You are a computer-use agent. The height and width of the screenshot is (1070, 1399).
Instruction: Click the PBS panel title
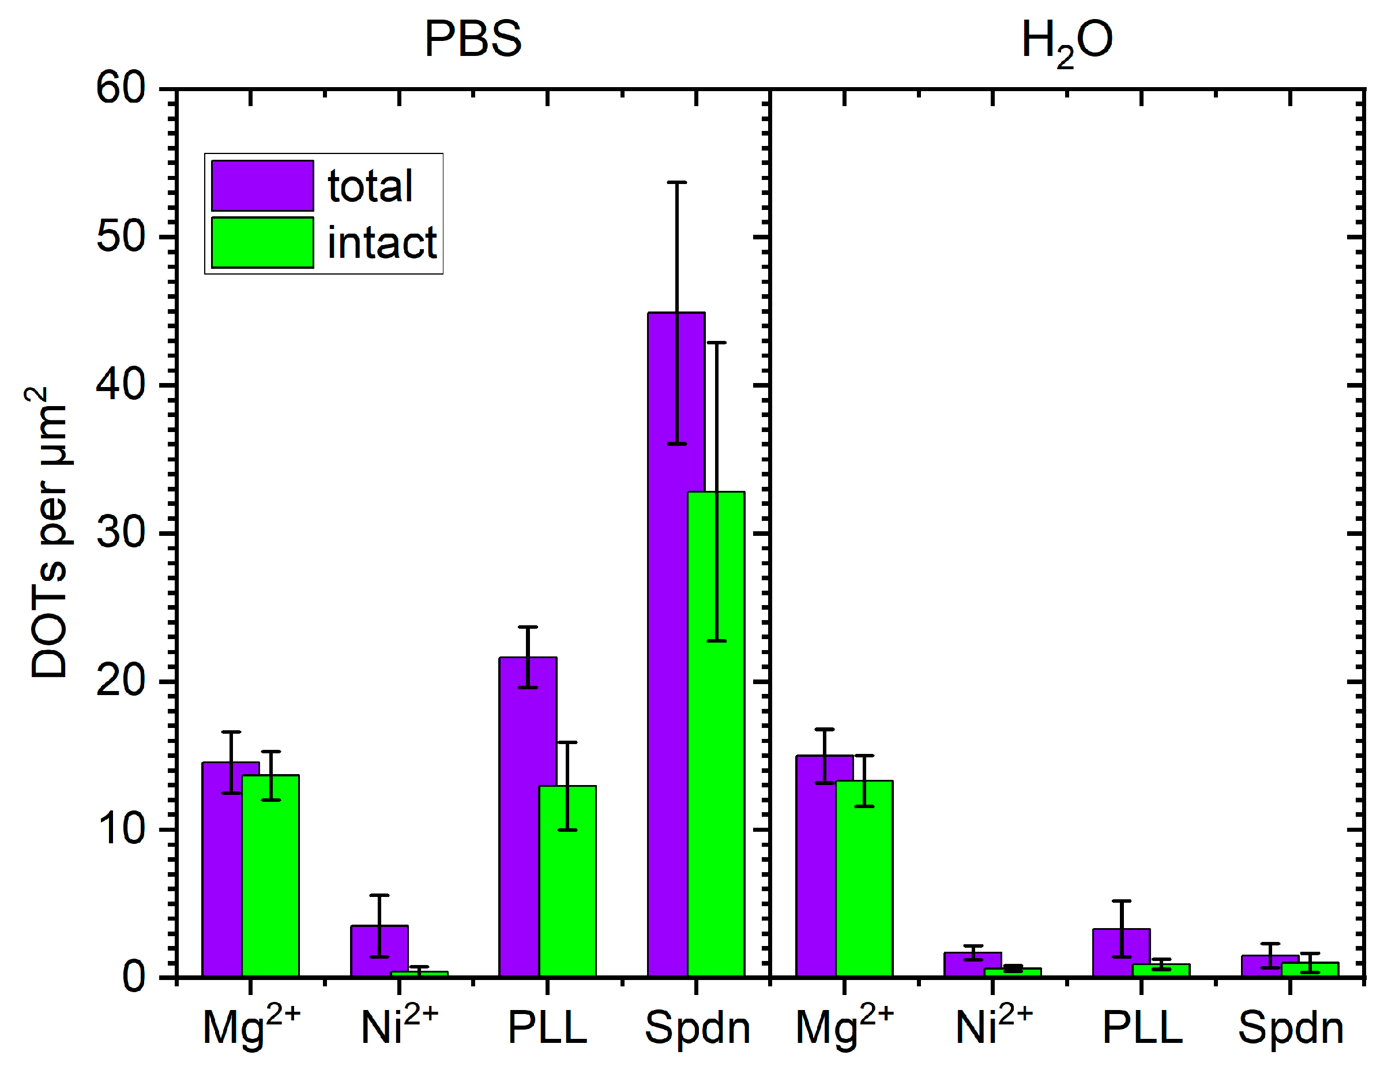click(472, 39)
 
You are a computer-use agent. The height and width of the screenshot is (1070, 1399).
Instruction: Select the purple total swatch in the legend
click(262, 185)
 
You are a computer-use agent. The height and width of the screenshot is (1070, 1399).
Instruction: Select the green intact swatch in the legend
click(262, 243)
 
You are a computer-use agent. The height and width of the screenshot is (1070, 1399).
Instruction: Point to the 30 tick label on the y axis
click(121, 532)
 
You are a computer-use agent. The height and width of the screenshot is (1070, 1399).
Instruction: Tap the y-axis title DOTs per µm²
click(48, 532)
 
